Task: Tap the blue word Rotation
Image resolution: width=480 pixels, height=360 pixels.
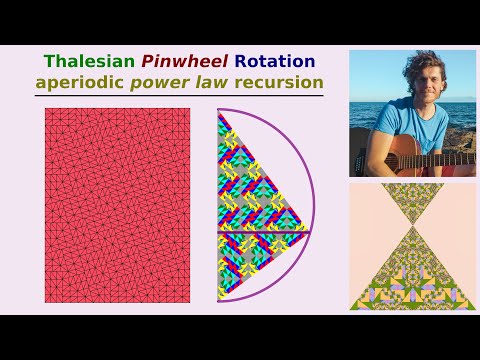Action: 274,62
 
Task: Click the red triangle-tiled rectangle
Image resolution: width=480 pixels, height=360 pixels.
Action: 118,205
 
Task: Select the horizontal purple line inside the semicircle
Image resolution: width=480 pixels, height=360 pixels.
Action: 265,231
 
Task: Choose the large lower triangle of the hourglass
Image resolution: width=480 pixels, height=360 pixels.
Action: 413,275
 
